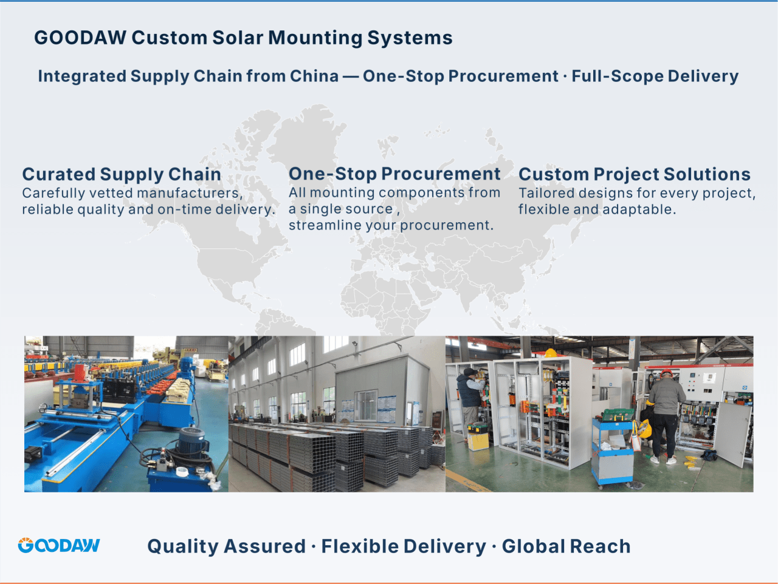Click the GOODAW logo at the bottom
[x=59, y=545]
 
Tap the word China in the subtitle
[x=314, y=76]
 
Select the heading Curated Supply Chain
[x=122, y=174]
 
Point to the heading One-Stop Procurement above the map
[x=394, y=174]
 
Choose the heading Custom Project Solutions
[x=635, y=174]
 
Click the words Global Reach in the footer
[x=566, y=546]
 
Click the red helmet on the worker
[x=667, y=373]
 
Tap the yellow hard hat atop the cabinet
[x=551, y=353]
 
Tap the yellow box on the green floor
[x=478, y=442]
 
